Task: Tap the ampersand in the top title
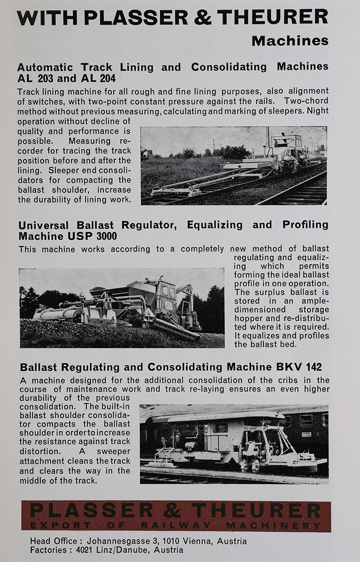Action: pos(203,17)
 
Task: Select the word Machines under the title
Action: pos(290,41)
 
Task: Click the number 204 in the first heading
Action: pos(105,78)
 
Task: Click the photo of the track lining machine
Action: pos(234,165)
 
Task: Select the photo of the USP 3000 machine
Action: pos(122,308)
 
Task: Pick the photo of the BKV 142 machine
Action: pos(234,444)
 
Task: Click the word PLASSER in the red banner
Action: pos(85,510)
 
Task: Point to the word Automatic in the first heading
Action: pos(45,67)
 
